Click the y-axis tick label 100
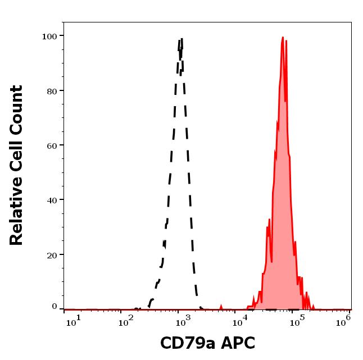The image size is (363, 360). click(49, 37)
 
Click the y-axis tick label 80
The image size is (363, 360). click(52, 91)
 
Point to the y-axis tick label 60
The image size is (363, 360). click(52, 145)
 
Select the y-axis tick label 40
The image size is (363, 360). click(52, 200)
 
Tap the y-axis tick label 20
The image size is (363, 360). click(52, 255)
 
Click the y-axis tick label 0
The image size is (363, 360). click(55, 307)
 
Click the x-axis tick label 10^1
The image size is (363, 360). click(74, 321)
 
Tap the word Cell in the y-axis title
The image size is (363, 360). click(17, 158)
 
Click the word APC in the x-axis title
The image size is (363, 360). click(239, 343)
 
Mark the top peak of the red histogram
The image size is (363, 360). click(283, 38)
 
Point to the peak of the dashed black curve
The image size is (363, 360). click(181, 39)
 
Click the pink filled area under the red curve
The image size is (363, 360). click(281, 197)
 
